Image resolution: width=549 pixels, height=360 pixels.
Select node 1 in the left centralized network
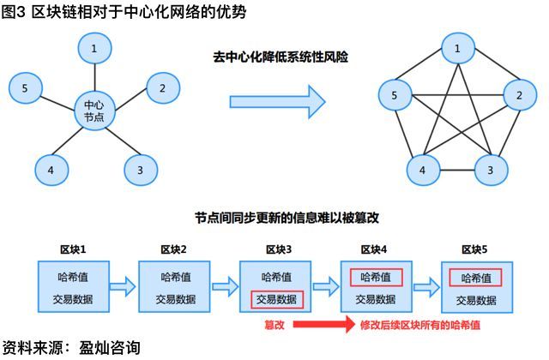click(x=94, y=49)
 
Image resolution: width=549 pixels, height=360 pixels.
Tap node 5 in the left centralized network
click(x=26, y=87)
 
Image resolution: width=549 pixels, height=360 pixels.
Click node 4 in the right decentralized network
click(x=422, y=170)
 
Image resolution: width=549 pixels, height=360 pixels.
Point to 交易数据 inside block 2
click(x=175, y=299)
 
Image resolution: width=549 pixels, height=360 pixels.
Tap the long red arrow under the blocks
click(x=326, y=326)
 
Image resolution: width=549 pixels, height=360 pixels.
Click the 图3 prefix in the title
click(x=13, y=9)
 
